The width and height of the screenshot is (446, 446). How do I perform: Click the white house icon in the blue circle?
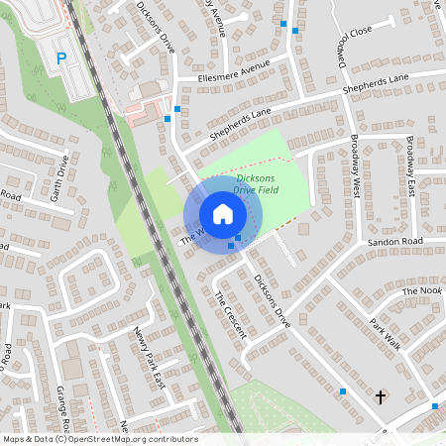tap(222, 214)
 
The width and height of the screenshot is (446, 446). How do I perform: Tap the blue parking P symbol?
tap(60, 58)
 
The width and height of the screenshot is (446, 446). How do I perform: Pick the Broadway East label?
tap(409, 158)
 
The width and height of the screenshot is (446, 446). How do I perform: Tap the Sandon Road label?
tap(394, 241)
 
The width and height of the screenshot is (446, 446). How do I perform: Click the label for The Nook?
tap(420, 291)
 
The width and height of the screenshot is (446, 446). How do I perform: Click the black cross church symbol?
tap(380, 396)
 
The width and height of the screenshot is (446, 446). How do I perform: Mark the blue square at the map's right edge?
tap(435, 406)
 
